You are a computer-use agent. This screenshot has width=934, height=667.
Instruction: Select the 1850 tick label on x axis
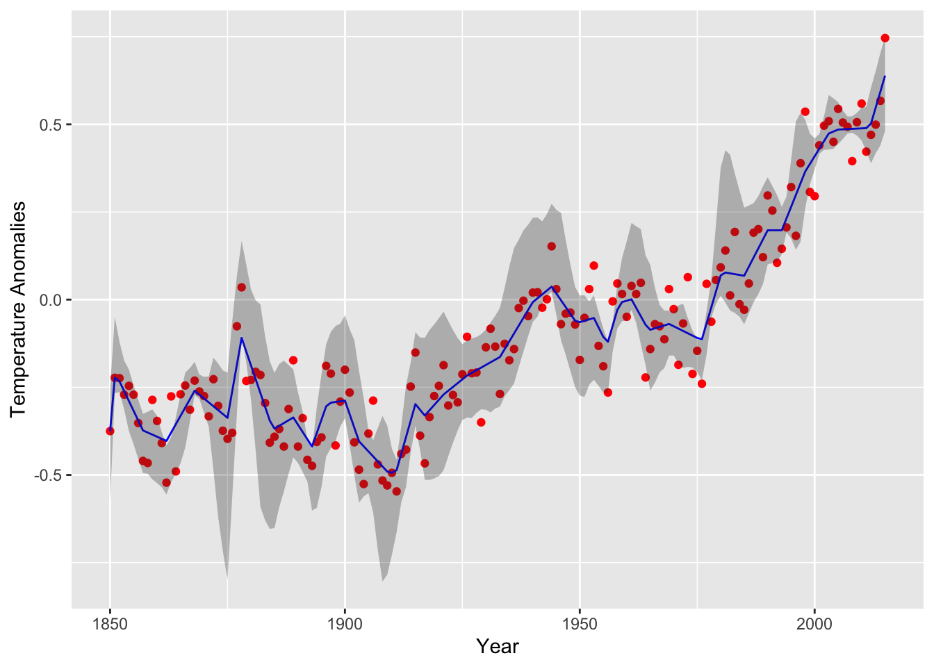click(110, 623)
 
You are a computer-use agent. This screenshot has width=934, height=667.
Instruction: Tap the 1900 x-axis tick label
click(345, 623)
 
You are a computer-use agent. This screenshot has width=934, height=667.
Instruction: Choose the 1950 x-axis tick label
click(580, 623)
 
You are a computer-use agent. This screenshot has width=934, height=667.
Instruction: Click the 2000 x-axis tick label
click(814, 623)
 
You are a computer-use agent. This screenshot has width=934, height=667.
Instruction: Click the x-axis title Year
click(498, 647)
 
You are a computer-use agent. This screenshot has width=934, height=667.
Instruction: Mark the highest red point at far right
click(885, 38)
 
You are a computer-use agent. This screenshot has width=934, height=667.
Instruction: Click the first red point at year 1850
click(110, 431)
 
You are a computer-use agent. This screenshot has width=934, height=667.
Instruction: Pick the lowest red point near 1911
click(396, 491)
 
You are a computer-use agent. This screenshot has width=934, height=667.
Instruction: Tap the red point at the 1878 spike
click(241, 287)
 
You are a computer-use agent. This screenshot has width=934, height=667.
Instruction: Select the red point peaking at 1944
click(551, 246)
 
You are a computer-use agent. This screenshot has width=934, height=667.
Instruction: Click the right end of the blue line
click(885, 76)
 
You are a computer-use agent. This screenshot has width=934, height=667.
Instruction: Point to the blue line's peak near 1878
click(241, 338)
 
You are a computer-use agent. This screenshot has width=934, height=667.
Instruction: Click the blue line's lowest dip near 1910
click(391, 473)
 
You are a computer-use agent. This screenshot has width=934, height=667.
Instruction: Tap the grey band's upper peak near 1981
click(726, 150)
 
